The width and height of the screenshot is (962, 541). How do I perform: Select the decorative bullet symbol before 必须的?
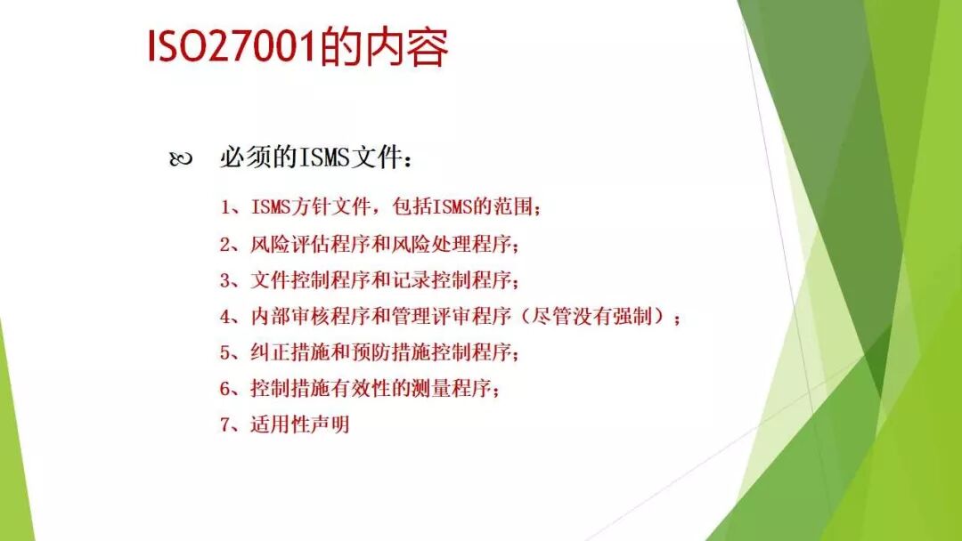[180, 160]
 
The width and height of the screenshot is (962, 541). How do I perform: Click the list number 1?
[226, 208]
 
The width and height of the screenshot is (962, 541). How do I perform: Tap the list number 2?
[226, 245]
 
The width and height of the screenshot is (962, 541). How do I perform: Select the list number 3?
[226, 280]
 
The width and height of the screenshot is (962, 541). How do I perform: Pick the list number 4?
[226, 317]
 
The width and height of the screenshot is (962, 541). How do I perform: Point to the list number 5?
[226, 352]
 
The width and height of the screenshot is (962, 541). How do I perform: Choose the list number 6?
[226, 389]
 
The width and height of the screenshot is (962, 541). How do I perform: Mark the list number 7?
[226, 424]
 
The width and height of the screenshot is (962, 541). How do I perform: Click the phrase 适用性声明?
[300, 424]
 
